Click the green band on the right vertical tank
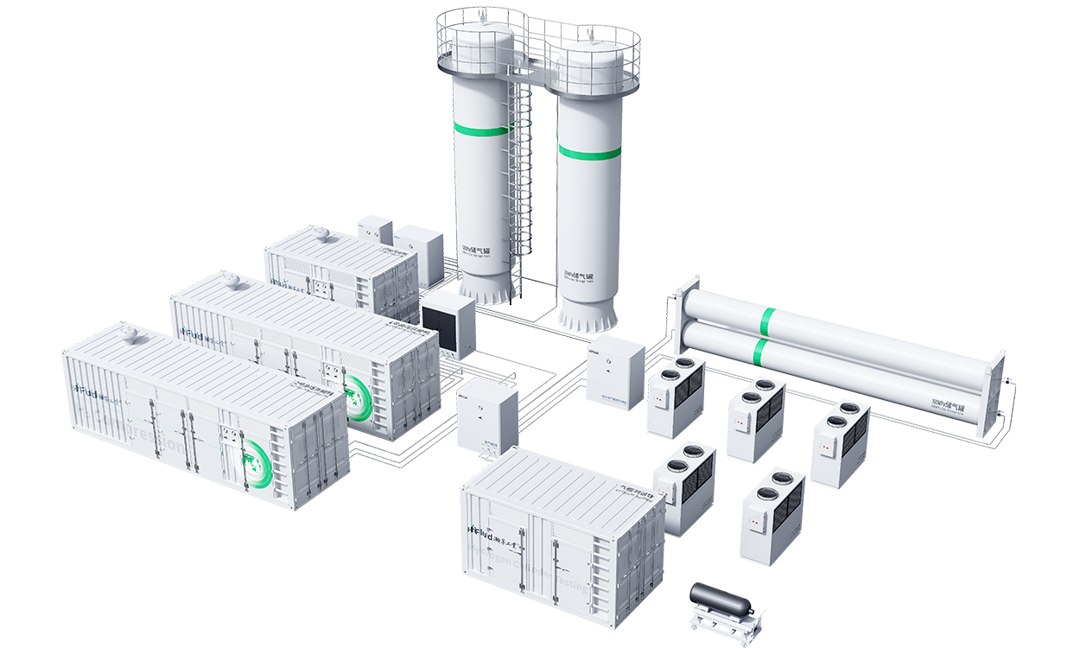coord(588,152)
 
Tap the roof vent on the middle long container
coord(231,279)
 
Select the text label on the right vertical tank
coord(578,273)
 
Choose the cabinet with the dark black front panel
coord(447,323)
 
